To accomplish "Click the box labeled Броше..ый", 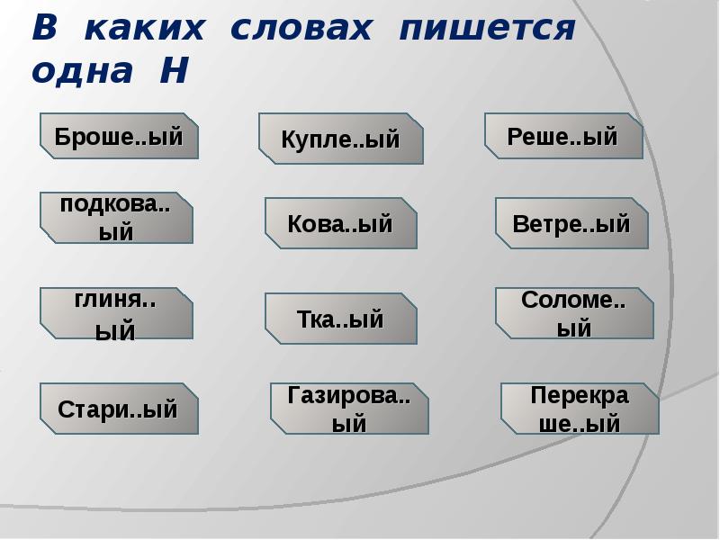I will [x=119, y=137].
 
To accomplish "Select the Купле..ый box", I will [x=340, y=139].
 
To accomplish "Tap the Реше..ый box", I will [x=563, y=137].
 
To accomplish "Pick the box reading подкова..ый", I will [x=116, y=218].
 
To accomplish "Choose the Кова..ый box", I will [x=340, y=223].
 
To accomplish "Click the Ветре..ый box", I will [x=571, y=223].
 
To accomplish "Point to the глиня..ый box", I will [x=116, y=314].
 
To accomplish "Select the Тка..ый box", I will [x=340, y=319].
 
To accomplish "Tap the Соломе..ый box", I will [x=574, y=313].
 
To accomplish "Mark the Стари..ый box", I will [x=119, y=409].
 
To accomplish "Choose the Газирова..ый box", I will [x=349, y=409].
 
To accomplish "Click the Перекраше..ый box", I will [x=580, y=409].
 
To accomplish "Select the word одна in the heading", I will [x=82, y=72].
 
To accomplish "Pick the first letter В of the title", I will [x=45, y=29].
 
